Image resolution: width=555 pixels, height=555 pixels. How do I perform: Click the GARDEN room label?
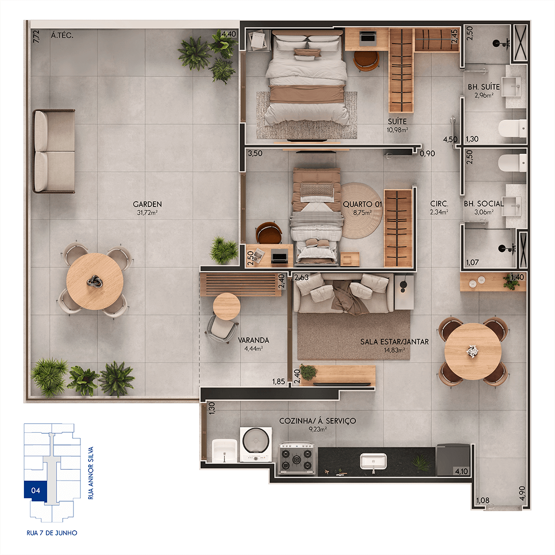[147, 204]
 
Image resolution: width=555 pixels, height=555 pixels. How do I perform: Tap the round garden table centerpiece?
[95, 282]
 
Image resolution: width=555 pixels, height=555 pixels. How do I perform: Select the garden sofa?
[54, 151]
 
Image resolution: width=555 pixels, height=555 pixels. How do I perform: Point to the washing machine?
[256, 444]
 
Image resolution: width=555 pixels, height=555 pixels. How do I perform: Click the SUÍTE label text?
[397, 121]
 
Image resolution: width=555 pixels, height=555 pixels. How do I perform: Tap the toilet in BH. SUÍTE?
[512, 129]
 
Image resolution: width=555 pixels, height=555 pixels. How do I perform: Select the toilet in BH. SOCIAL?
[512, 163]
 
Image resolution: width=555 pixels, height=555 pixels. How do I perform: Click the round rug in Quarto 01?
[361, 210]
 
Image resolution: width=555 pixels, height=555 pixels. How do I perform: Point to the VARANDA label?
[254, 340]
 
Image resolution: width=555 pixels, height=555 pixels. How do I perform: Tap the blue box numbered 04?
[35, 491]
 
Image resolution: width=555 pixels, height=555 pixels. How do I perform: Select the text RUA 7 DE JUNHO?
[52, 533]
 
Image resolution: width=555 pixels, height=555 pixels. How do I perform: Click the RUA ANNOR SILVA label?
[91, 473]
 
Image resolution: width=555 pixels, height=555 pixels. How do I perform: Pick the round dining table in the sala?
[473, 351]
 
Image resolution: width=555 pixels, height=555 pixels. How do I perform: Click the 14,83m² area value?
[394, 350]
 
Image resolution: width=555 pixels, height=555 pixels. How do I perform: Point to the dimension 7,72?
[36, 37]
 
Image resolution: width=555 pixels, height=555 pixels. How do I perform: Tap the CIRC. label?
[439, 204]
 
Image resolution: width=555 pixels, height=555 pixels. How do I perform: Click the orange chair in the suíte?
[366, 61]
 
